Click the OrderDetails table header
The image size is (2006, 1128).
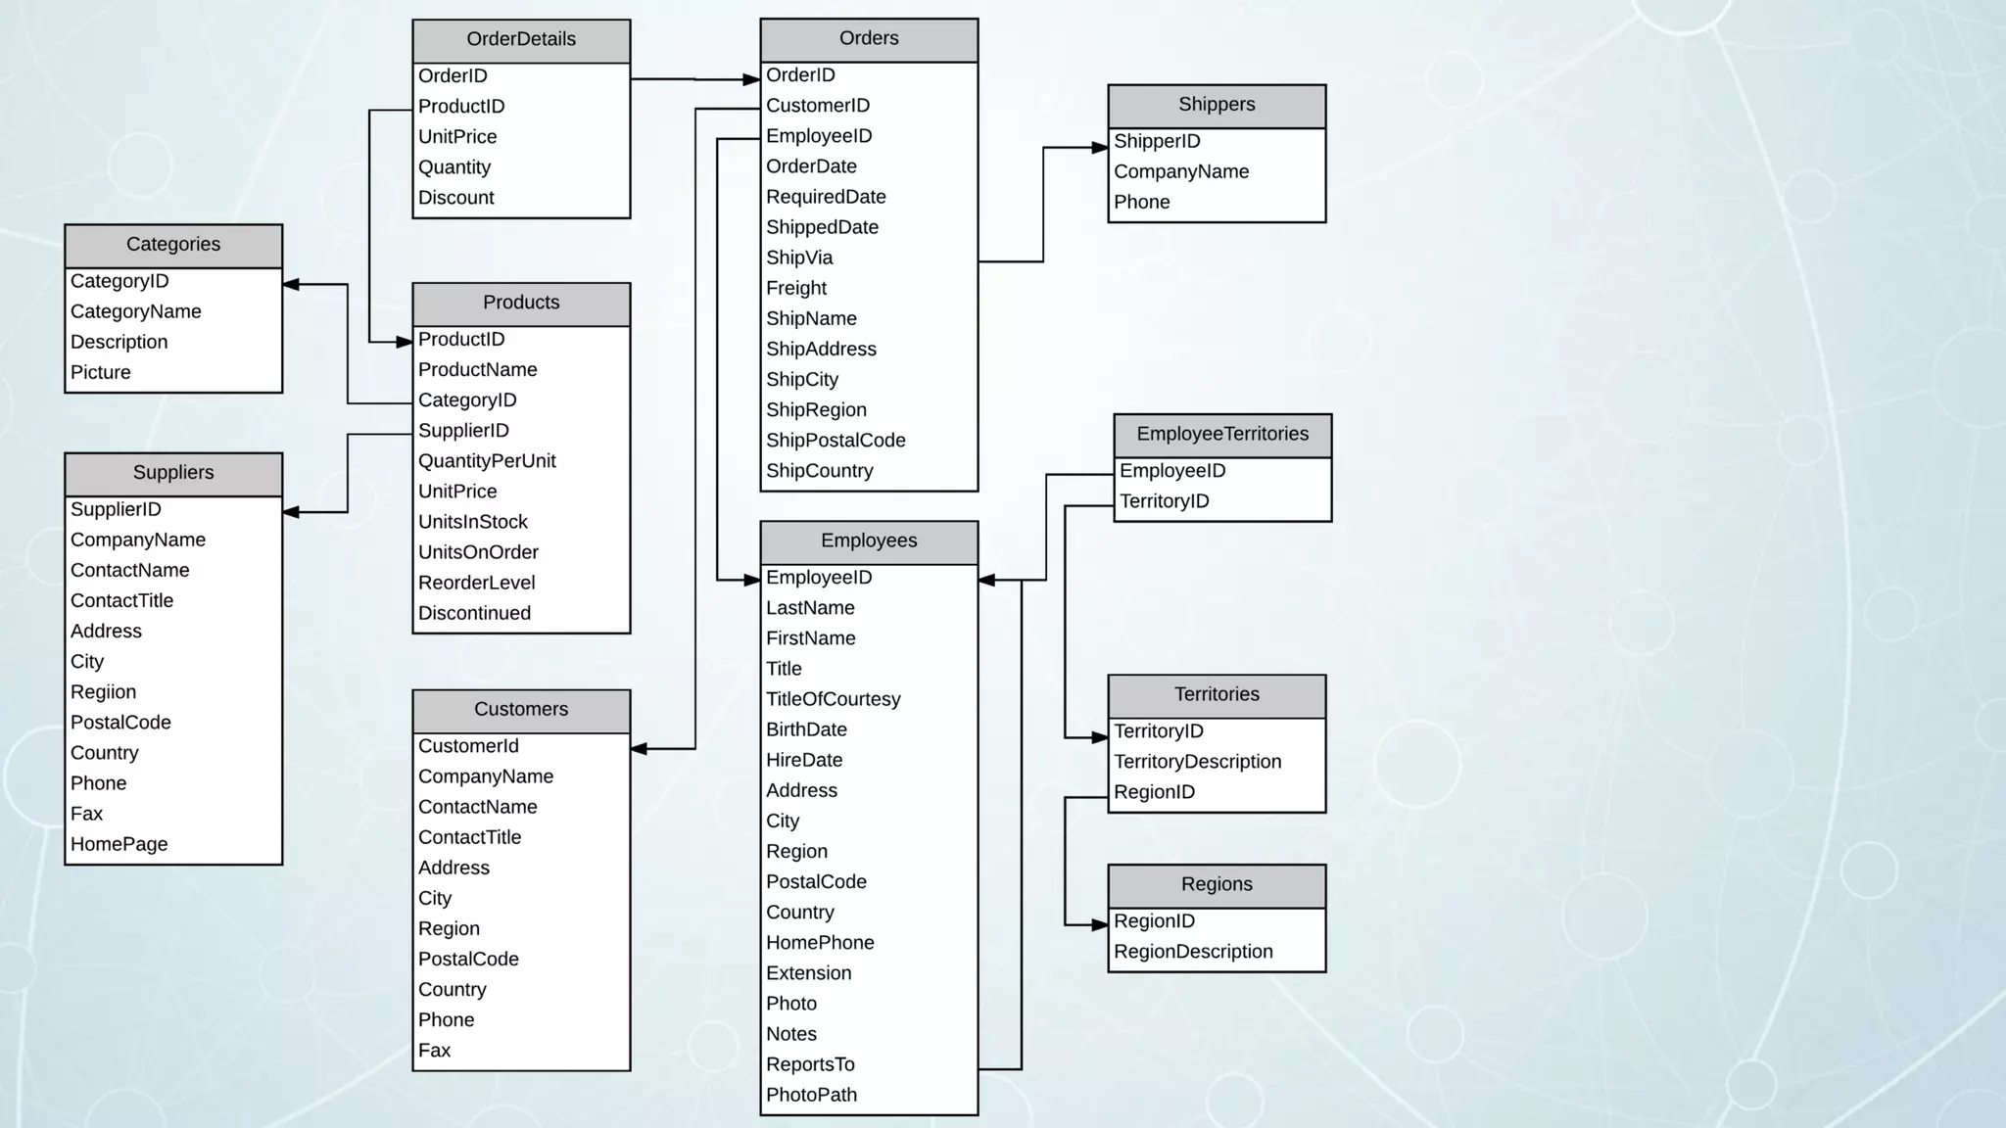521,40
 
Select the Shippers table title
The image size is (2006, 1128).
1217,105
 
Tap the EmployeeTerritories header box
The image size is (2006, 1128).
1222,435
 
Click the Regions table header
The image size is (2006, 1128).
1217,885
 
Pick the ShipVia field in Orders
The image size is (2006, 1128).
799,258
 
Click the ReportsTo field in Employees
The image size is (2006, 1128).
810,1065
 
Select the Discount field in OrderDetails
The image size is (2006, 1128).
456,198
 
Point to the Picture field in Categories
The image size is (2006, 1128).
101,373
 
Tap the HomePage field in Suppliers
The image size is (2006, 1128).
119,845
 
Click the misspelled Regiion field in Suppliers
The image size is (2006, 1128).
104,693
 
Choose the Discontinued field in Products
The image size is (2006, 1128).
475,614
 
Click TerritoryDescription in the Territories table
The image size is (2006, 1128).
1197,763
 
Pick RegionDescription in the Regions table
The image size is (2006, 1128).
1193,953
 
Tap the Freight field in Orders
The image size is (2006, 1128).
796,289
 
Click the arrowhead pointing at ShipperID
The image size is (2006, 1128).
1100,148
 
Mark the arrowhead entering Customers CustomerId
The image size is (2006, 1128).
640,749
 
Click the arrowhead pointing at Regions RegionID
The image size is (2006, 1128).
1100,924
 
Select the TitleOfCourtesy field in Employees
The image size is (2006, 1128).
834,700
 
